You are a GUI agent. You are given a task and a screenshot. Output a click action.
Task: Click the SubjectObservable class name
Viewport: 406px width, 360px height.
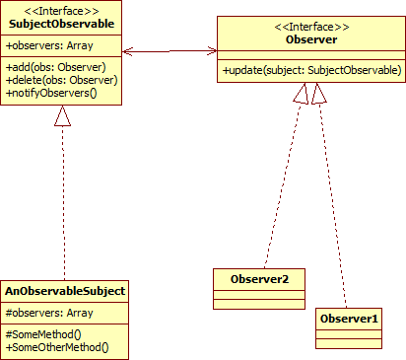click(x=61, y=23)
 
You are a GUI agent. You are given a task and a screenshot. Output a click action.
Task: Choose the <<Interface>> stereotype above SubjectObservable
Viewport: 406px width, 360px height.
click(x=61, y=10)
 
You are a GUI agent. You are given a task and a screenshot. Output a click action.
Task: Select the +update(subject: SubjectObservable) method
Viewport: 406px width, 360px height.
click(x=310, y=70)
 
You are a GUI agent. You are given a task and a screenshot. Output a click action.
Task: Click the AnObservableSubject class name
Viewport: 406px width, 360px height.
click(x=64, y=292)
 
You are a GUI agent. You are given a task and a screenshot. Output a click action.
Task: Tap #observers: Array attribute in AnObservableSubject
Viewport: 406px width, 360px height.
click(x=48, y=313)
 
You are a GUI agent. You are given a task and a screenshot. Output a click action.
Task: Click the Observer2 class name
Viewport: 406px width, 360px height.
click(x=259, y=278)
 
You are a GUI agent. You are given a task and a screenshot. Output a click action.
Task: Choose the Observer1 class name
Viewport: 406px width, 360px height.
click(x=348, y=319)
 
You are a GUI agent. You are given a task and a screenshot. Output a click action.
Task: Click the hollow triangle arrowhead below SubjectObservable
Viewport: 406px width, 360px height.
click(x=62, y=115)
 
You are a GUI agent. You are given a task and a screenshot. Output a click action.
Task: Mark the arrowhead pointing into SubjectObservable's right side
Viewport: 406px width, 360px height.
click(x=128, y=48)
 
